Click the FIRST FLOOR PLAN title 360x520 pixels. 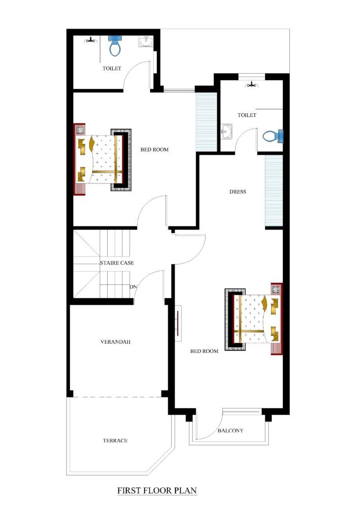click(157, 491)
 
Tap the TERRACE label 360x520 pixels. click(115, 441)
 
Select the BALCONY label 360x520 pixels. click(231, 431)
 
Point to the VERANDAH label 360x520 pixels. click(116, 342)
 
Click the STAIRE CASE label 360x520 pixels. click(117, 263)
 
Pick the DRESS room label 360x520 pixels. click(238, 191)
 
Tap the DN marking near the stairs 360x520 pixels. click(133, 287)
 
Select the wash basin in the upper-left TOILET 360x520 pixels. click(144, 42)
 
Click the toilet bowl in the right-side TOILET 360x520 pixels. click(272, 136)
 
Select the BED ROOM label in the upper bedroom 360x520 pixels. click(154, 149)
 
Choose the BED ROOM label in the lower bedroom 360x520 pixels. click(204, 351)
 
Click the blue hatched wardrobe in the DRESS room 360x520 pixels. click(273, 191)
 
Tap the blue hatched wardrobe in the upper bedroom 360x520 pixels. click(206, 121)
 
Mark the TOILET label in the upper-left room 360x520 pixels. click(112, 68)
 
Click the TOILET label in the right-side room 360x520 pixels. click(247, 115)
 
